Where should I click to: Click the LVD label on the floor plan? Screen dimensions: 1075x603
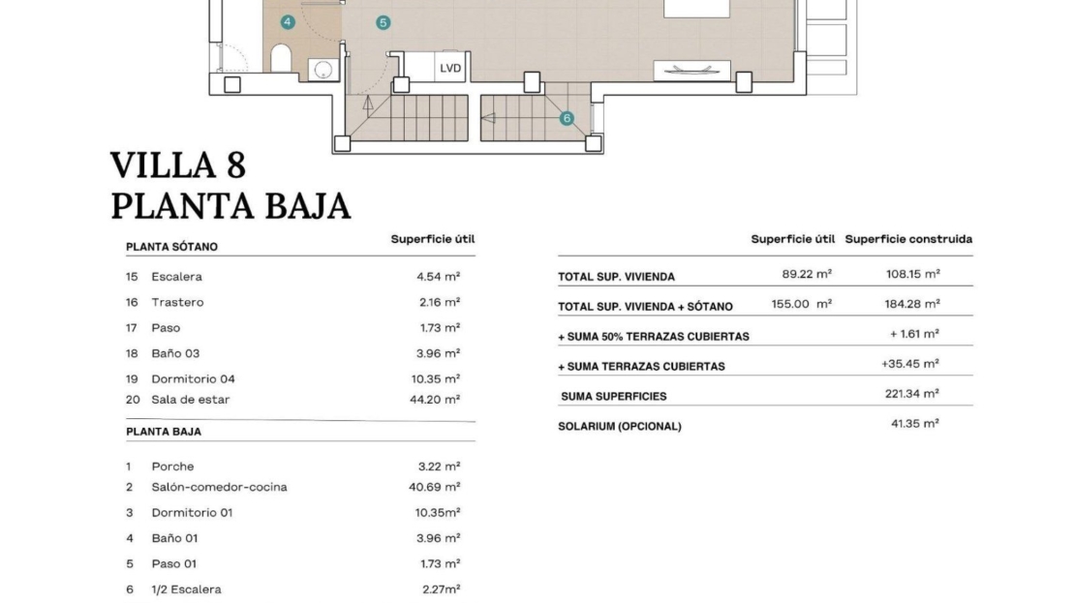450,68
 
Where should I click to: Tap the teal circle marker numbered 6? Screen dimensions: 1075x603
567,118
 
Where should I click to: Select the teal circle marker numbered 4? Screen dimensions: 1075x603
288,22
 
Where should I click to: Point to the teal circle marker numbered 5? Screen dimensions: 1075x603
384,22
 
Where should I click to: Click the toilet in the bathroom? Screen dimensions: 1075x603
281,58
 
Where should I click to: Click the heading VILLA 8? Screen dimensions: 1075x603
178,166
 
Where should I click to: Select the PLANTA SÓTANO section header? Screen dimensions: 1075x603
171,247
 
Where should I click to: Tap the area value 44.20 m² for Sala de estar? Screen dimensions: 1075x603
435,400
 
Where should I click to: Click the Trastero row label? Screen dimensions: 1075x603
177,302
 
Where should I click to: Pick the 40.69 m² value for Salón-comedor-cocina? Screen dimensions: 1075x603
435,487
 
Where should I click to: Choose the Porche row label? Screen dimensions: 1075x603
172,467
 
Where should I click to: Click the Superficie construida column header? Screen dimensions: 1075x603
908,239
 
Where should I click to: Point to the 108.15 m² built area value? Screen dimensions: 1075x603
913,274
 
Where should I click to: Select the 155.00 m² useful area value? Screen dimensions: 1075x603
802,304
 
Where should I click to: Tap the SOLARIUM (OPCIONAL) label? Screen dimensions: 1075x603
620,426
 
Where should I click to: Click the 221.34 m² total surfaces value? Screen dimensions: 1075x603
912,394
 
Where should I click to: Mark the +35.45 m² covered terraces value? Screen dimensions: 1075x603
909,364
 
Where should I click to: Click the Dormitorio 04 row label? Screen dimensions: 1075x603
194,378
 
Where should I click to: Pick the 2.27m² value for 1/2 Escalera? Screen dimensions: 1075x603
441,589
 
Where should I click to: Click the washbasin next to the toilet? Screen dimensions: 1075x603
322,70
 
